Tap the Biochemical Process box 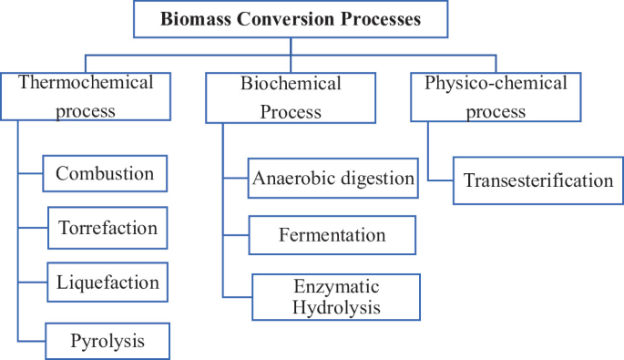coord(291,98)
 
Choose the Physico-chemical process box coord(496,98)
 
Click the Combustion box coord(106,173)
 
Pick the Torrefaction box coord(107,227)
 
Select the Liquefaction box coord(107,283)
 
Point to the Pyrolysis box coord(107,342)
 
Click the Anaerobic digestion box coord(332,179)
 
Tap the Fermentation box coord(332,235)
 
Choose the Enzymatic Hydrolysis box coord(336,296)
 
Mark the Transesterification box coord(537,180)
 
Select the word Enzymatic coord(336,286)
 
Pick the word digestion coord(378,179)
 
